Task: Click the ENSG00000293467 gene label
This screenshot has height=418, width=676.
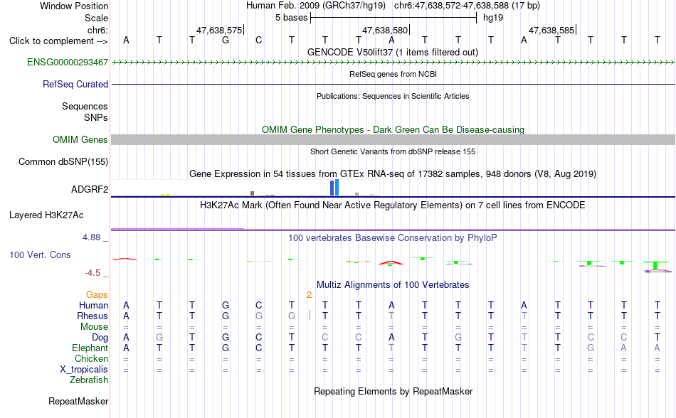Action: tap(68, 63)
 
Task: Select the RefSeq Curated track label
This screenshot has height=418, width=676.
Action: tap(75, 85)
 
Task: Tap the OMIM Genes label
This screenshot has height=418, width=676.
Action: tap(80, 140)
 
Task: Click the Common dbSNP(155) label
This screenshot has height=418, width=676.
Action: tap(63, 162)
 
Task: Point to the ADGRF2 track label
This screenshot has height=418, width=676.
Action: tap(90, 189)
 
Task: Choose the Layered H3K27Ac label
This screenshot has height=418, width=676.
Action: tap(46, 215)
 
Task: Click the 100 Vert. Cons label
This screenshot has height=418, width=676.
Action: tap(40, 254)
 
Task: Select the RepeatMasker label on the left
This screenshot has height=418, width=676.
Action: tap(78, 402)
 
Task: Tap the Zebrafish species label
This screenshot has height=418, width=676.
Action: tap(89, 380)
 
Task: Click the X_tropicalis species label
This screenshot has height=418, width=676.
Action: tap(84, 370)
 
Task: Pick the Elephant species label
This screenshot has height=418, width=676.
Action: tap(90, 348)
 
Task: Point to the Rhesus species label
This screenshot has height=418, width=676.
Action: tap(93, 316)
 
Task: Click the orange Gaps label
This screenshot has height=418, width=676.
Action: tap(97, 294)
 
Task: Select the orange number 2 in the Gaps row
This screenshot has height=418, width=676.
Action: tap(309, 295)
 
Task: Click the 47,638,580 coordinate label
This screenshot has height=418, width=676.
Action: tap(384, 30)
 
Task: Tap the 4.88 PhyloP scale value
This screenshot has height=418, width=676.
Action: tap(91, 237)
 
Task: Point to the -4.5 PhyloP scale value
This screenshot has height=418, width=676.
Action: tap(93, 273)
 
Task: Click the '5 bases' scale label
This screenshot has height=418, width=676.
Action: tap(292, 18)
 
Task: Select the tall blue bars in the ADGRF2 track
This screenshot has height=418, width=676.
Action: tap(334, 188)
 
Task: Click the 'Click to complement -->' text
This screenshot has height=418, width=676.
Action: tap(58, 41)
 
